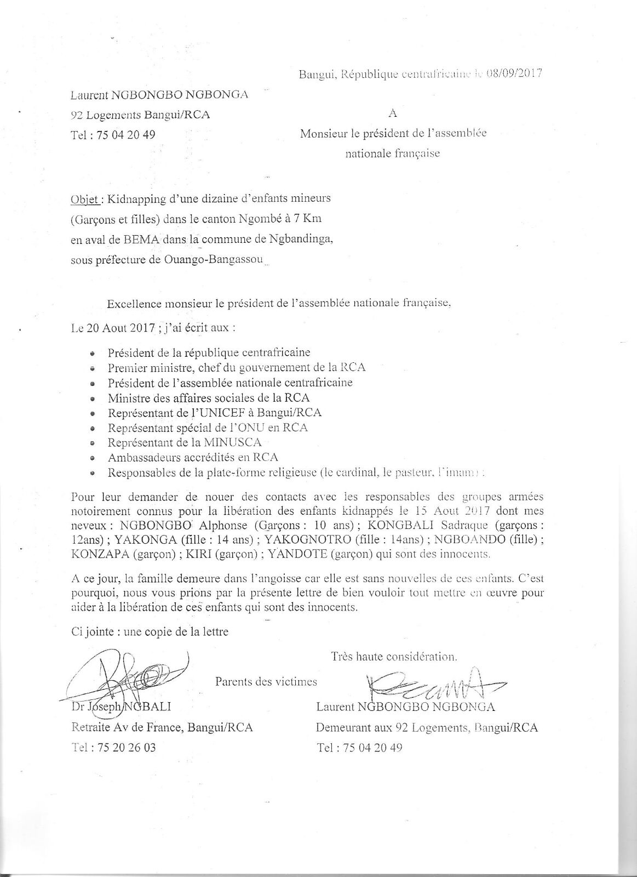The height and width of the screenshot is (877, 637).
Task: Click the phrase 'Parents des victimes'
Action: [x=266, y=682]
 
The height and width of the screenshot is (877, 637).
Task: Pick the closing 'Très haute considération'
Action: [x=393, y=656]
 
